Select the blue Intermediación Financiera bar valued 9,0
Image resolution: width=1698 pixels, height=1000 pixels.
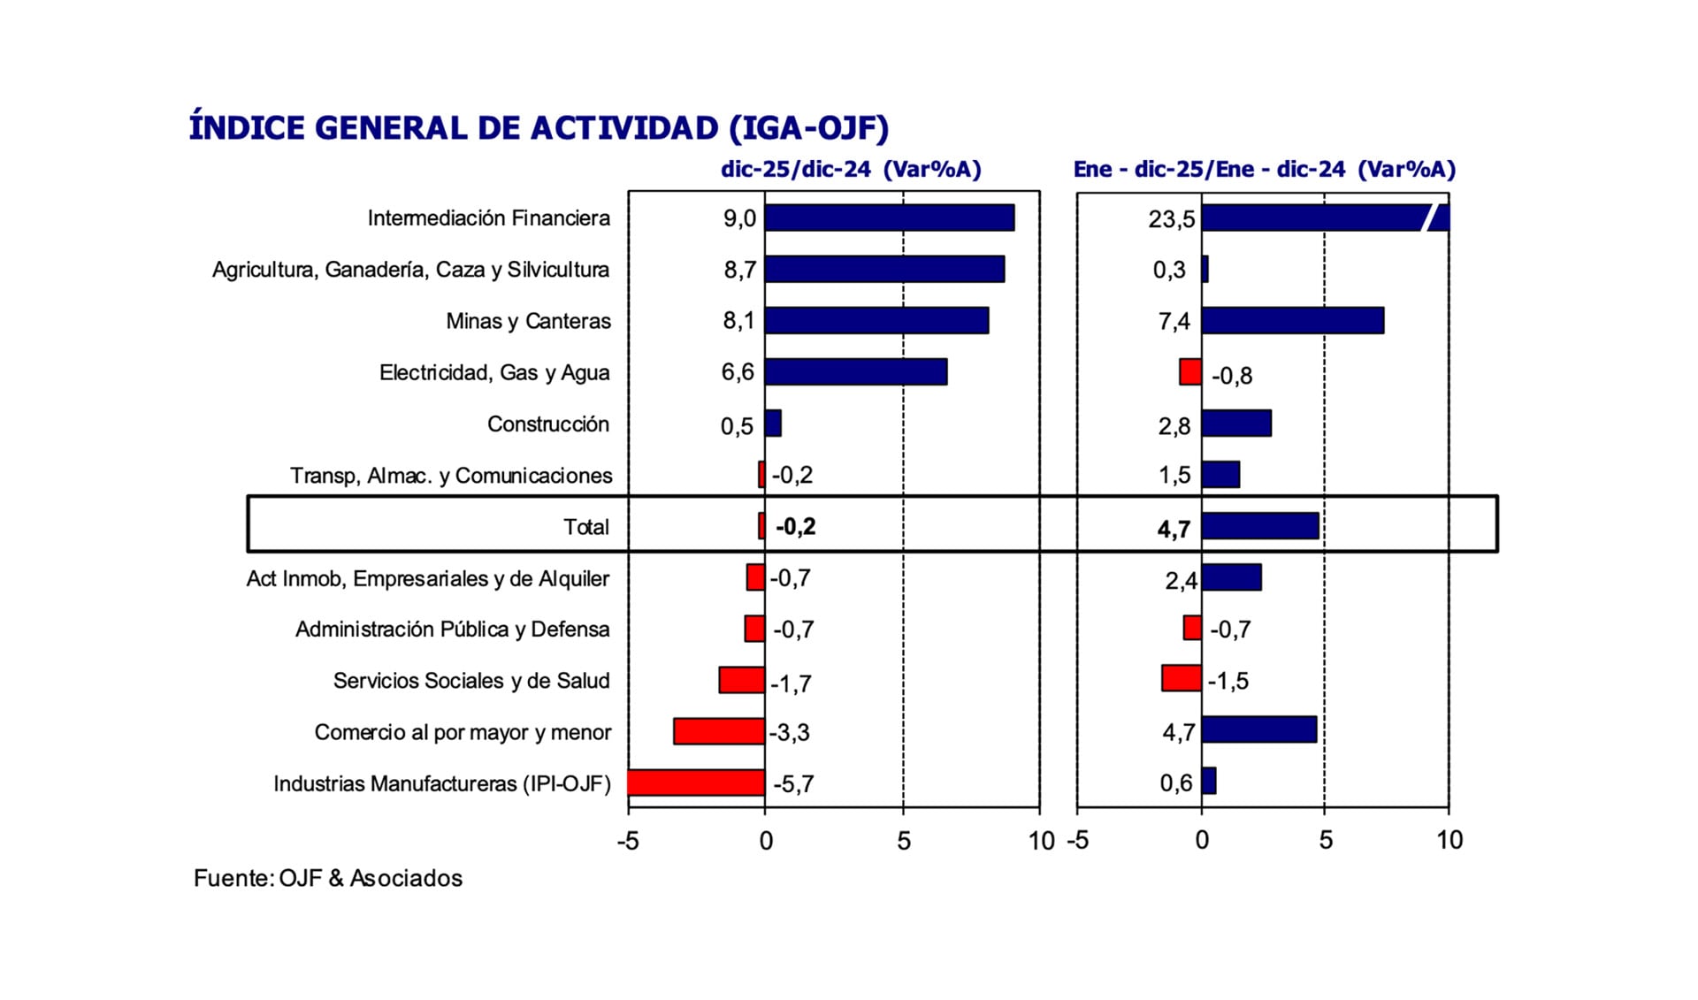click(x=889, y=218)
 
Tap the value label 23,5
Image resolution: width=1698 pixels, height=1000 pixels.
click(x=1171, y=218)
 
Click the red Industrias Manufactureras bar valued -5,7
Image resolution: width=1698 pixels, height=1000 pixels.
click(x=696, y=783)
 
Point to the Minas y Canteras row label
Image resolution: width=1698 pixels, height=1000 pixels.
click(x=528, y=321)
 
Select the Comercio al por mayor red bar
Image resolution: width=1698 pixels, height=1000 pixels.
click(x=718, y=731)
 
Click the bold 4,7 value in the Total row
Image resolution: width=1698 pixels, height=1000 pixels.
click(x=1174, y=529)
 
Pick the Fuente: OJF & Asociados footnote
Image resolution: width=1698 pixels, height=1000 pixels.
click(x=328, y=878)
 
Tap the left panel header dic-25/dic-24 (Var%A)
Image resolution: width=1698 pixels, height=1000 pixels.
click(x=850, y=169)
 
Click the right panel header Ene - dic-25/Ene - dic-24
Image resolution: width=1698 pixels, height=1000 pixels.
click(x=1264, y=169)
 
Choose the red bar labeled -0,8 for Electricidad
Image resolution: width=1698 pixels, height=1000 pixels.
click(x=1190, y=372)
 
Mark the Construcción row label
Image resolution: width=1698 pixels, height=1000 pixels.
click(x=547, y=424)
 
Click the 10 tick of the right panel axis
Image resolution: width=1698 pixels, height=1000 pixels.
click(x=1449, y=840)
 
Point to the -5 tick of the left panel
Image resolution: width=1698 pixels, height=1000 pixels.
click(x=628, y=841)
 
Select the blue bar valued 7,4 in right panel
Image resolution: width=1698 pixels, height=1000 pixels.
click(x=1292, y=320)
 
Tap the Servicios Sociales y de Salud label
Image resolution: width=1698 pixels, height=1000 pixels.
click(x=470, y=681)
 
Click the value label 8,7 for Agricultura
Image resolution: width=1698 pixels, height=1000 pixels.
click(x=739, y=270)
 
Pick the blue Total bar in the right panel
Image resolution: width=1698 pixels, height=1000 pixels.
click(x=1259, y=526)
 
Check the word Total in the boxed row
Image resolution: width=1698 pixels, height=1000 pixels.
click(x=585, y=527)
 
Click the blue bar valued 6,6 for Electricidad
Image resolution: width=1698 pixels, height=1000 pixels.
click(x=855, y=372)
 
